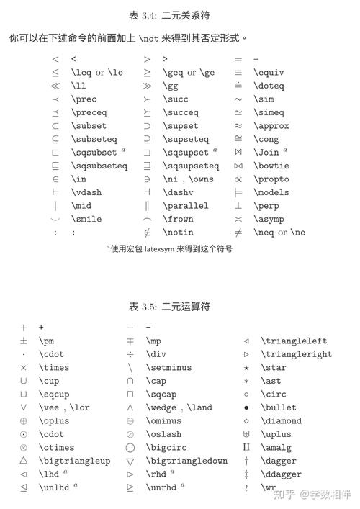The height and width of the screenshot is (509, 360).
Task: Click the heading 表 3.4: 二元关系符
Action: [179, 14]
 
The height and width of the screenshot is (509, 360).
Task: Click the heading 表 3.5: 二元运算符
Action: [179, 307]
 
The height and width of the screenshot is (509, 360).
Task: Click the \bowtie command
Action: [271, 166]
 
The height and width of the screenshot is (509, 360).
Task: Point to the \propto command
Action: [271, 179]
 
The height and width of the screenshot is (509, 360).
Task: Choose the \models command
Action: [271, 192]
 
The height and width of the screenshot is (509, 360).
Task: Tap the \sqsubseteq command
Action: [99, 166]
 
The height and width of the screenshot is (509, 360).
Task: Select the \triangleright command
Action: [296, 354]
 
